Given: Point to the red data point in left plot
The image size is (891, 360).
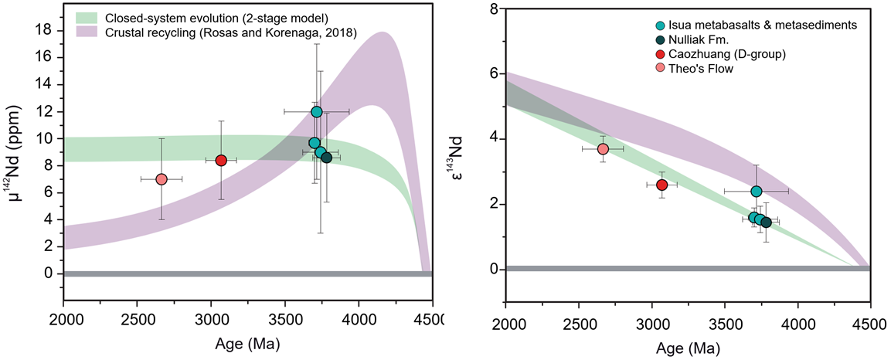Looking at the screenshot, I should click(x=221, y=160).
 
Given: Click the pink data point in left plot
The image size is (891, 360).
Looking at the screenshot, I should click(x=162, y=179).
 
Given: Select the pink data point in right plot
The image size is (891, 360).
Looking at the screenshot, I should click(x=603, y=149).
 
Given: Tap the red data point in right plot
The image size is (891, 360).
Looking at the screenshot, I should click(x=661, y=185).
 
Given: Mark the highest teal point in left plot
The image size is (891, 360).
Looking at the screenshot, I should click(x=316, y=112).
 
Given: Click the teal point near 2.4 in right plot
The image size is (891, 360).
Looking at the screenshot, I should click(x=757, y=191).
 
